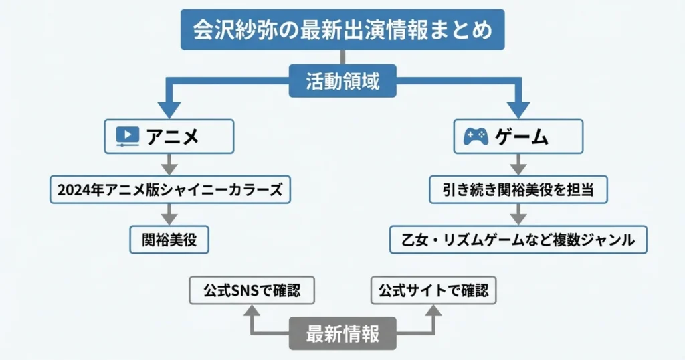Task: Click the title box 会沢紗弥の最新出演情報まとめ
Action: pos(342,29)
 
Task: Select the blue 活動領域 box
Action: pos(342,82)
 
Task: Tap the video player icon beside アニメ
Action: pos(127,137)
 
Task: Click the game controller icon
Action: pos(476,137)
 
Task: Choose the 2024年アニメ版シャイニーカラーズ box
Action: pos(171,189)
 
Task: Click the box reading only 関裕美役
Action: pos(169,239)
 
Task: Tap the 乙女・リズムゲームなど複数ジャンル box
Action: pos(518,239)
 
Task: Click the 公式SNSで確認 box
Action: pos(252,291)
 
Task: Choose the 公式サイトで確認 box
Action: pos(433,291)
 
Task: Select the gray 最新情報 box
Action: pos(342,333)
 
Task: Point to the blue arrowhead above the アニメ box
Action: pos(169,108)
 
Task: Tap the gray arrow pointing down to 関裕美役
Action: pos(169,214)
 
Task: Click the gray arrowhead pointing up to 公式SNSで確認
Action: pos(252,311)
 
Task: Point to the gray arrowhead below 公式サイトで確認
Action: pos(433,311)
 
